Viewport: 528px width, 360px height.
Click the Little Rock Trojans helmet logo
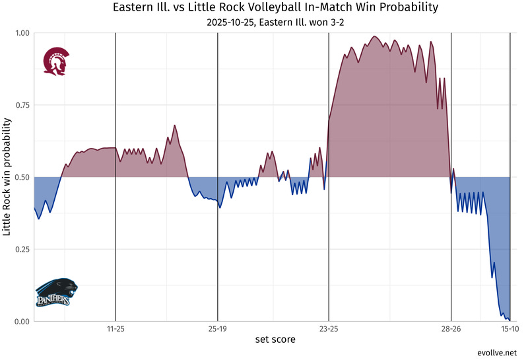54,61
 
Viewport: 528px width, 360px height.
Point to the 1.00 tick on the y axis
21,33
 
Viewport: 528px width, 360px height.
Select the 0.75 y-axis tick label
21,105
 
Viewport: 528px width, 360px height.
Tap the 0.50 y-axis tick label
21,177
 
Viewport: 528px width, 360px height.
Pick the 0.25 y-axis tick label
21,249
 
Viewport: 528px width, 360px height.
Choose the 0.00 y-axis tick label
21,322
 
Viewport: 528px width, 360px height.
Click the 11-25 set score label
115,328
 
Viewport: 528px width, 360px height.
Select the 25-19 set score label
218,328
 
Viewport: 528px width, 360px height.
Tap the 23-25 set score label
329,328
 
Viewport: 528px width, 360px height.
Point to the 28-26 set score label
451,328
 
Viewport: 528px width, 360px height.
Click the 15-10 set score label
509,328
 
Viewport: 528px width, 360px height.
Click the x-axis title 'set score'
275,340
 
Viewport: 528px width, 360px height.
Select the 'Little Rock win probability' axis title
7,177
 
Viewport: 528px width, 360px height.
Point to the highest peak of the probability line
374,36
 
